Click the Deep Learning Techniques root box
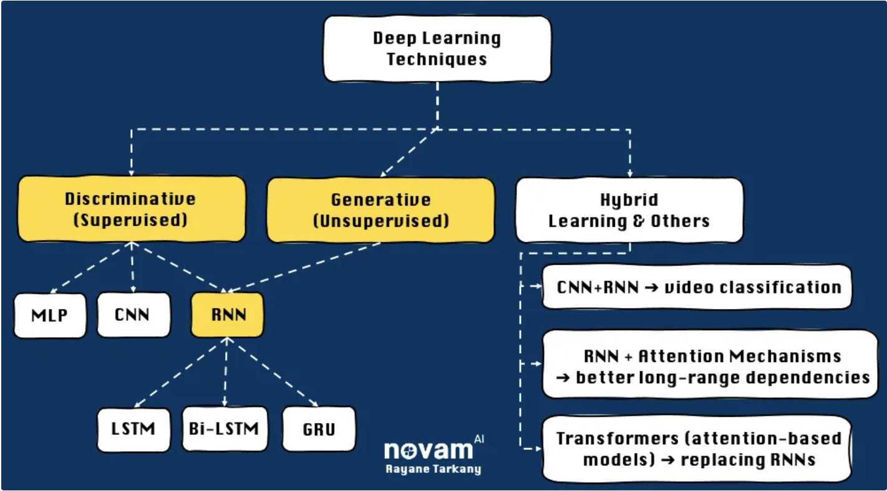coord(437,49)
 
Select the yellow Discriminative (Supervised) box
coord(131,209)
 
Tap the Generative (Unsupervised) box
coord(380,210)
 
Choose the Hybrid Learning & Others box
coord(629,211)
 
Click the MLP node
coord(50,315)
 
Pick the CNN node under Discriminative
coord(133,315)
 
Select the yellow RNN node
coord(228,315)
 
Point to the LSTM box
coord(133,429)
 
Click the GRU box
coord(319,429)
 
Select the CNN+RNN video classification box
coord(697,287)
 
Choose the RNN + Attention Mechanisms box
coord(710,366)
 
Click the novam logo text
coord(428,450)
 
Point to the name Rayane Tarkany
coord(432,470)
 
